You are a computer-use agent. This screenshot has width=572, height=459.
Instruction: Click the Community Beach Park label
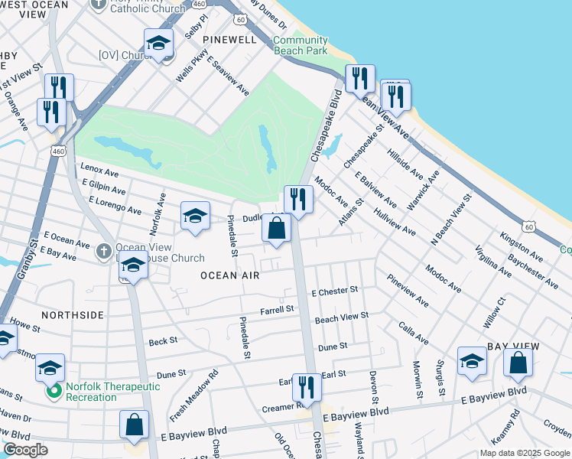(x=301, y=45)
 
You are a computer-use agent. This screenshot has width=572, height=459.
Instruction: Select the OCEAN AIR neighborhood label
(x=227, y=275)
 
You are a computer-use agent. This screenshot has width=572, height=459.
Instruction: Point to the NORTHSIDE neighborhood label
(x=73, y=314)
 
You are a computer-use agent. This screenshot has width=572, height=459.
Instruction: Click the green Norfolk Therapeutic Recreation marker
(x=54, y=392)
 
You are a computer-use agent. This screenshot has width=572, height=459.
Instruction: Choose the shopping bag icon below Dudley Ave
(x=276, y=228)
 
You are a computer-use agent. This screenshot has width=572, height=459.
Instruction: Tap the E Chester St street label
(x=334, y=291)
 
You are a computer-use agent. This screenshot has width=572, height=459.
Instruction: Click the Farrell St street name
(x=277, y=310)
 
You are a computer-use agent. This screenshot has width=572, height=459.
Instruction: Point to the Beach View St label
(x=342, y=316)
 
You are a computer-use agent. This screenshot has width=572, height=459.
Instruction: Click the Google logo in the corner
(x=26, y=450)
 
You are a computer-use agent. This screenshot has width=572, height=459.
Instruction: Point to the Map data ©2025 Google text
(x=524, y=453)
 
